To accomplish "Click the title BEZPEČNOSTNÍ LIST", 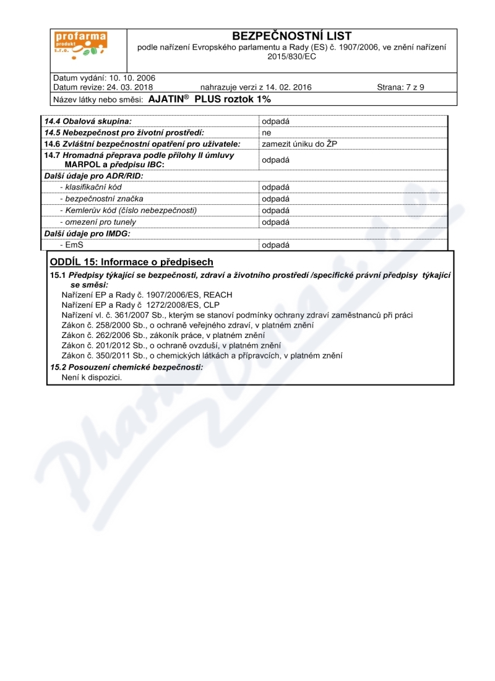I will click(291, 36).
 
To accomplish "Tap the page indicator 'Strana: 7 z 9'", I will click(400, 87).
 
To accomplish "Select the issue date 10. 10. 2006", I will click(132, 78).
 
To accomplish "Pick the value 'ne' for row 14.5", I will click(266, 132).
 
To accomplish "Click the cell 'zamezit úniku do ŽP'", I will click(299, 144).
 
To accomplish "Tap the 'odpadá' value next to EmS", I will click(275, 245).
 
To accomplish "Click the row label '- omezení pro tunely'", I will click(98, 222).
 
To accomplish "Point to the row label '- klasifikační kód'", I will click(92, 187).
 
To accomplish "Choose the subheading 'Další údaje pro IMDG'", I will click(87, 233).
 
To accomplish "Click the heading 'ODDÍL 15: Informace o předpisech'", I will click(131, 262).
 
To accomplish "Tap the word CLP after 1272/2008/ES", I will click(211, 305).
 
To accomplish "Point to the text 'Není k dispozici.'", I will click(92, 377).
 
